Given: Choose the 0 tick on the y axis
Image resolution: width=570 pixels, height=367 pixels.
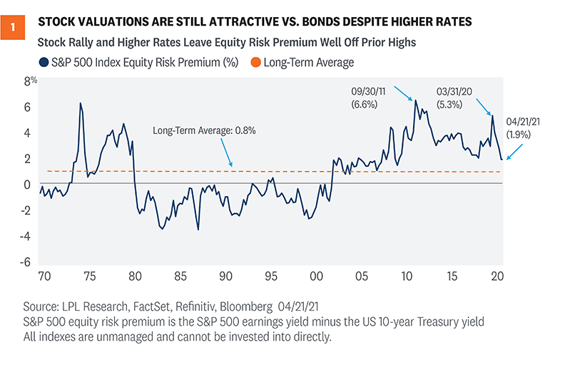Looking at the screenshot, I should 29,185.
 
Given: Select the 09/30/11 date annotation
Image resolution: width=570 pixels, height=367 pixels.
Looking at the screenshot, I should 371,92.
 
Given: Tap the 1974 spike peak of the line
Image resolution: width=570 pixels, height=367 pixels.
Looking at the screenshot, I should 80,103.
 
